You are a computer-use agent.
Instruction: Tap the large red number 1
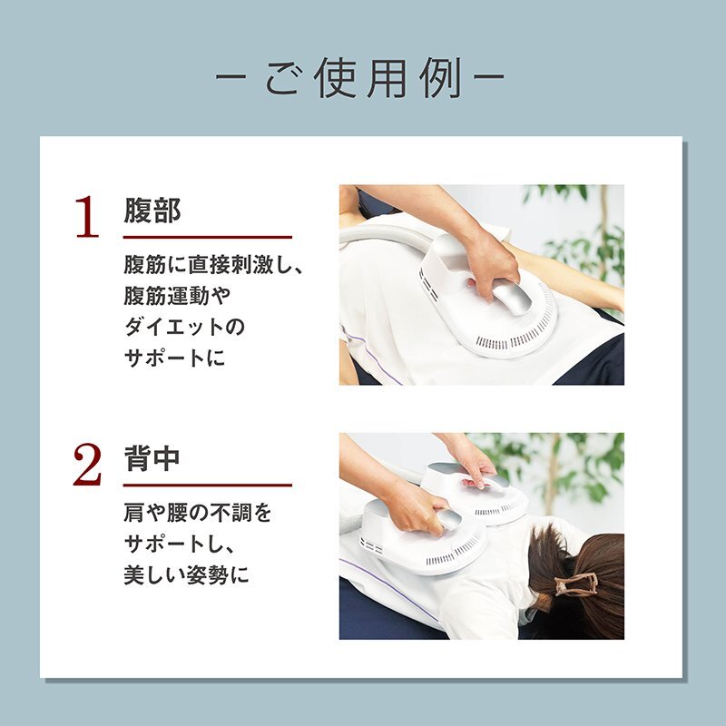[87, 217]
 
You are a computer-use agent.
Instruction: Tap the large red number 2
[87, 465]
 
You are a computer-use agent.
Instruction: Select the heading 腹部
[152, 211]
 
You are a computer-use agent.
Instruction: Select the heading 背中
[152, 458]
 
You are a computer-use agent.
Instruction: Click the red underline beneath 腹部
[208, 237]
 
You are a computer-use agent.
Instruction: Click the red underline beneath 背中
[208, 486]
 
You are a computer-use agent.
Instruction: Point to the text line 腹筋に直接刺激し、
[213, 265]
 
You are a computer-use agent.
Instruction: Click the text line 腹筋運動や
[177, 296]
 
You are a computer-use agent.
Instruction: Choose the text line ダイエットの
[184, 327]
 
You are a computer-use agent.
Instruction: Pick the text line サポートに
[174, 358]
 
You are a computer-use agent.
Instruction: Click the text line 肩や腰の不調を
[198, 513]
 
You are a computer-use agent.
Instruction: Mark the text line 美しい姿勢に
[187, 575]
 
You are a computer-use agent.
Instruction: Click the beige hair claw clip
[576, 584]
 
